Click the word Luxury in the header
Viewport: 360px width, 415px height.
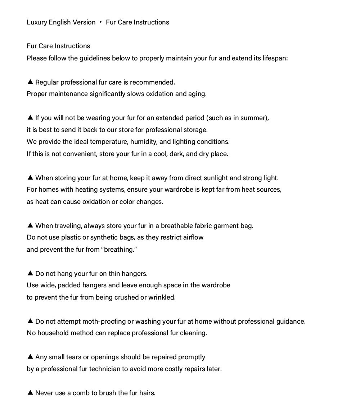(x=37, y=22)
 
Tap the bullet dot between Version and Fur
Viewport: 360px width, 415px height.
(x=101, y=22)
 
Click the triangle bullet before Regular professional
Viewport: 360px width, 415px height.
(x=30, y=82)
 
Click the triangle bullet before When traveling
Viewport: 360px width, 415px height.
(x=30, y=225)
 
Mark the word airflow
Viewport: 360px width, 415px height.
(x=193, y=237)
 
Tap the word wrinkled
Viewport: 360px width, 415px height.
(x=162, y=297)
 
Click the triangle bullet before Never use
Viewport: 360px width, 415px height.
(x=30, y=393)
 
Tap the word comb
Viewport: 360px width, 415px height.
(x=81, y=393)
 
